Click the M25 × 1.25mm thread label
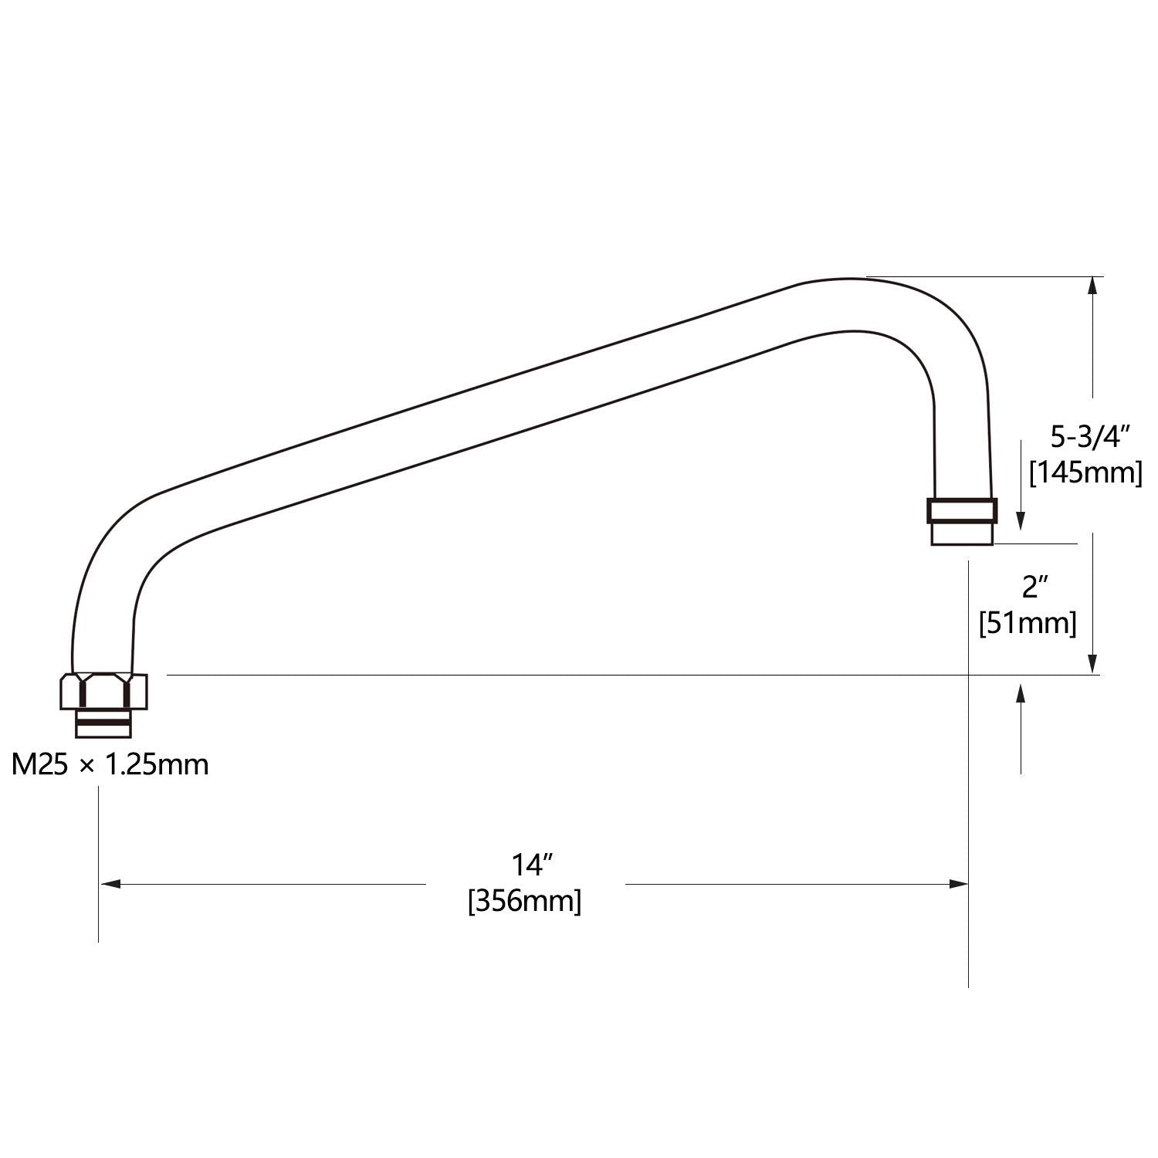click(110, 764)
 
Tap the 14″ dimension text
click(527, 865)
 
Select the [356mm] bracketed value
click(525, 901)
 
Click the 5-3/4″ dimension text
click(1090, 438)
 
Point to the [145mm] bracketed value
click(1085, 472)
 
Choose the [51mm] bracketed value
click(1028, 623)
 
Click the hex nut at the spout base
click(103, 691)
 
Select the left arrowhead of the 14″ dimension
click(110, 884)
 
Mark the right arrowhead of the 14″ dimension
click(958, 884)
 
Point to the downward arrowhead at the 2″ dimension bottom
click(1092, 664)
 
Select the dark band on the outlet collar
click(961, 511)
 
